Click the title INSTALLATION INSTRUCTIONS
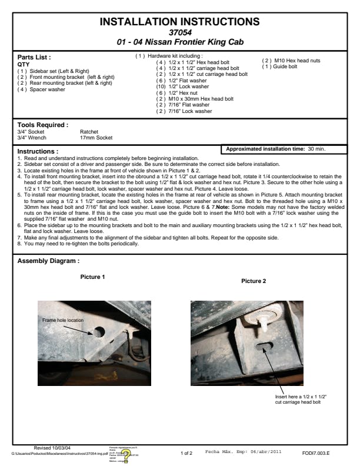point(179,22)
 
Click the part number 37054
point(179,32)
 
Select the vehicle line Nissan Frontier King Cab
point(179,42)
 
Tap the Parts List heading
point(34,58)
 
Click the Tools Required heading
point(43,125)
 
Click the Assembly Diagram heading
point(48,261)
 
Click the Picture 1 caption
point(92,277)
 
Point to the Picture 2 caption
point(254,281)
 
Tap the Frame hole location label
point(64,319)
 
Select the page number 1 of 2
point(186,452)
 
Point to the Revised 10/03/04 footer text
point(55,448)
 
